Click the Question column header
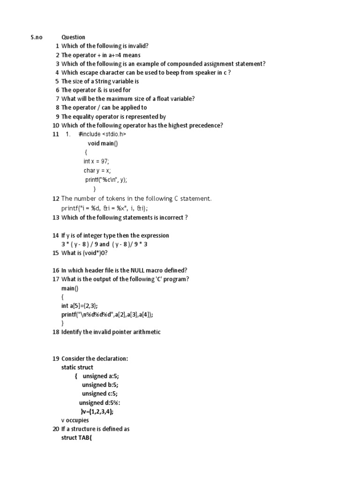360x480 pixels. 73,37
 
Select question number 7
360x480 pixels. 57,98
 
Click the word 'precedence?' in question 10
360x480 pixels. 205,125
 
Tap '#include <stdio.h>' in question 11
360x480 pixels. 102,134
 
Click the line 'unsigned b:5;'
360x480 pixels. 100,385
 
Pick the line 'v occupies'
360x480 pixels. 75,420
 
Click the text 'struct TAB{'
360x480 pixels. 77,437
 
